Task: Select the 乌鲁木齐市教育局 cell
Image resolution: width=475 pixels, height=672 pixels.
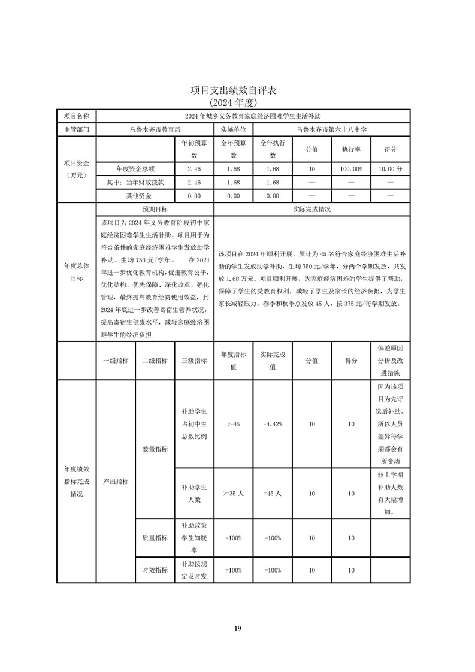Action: pos(155,129)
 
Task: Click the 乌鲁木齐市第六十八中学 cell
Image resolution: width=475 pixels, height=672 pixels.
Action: pos(331,129)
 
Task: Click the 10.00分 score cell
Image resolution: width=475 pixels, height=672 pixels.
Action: pos(390,169)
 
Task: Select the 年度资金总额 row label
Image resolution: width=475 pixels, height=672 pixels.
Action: pos(135,169)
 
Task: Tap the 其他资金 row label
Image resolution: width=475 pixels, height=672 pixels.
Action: pos(135,196)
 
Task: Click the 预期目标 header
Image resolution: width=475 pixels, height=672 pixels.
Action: pos(155,210)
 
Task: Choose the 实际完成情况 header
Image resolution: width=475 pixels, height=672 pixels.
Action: pos(311,210)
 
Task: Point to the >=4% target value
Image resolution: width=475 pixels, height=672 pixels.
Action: pos(233,424)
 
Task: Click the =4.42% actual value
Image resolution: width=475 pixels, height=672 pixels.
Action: pos(273,424)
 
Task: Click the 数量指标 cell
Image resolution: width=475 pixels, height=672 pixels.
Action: pos(155,449)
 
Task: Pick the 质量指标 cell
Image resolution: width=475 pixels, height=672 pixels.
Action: pos(155,538)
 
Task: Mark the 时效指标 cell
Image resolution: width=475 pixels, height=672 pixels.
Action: pos(155,570)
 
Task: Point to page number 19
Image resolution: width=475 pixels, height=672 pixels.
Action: pos(237,628)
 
